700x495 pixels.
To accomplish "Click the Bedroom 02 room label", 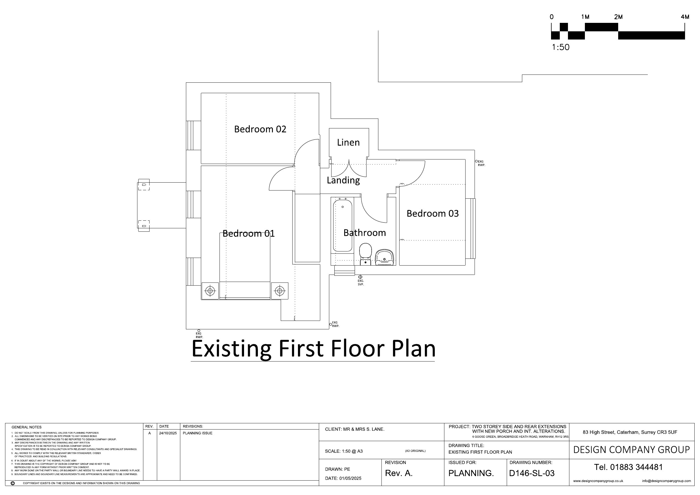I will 260,129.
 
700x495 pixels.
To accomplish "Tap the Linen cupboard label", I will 348,143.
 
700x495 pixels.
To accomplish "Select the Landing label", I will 343,180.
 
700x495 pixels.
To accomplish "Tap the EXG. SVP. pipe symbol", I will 360,277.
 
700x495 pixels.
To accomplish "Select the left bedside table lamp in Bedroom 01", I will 210,291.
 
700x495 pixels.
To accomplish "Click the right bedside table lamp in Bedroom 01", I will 280,291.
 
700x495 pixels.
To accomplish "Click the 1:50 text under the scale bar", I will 560,47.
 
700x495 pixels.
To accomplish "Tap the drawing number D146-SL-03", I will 532,473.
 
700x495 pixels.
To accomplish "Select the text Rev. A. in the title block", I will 398,473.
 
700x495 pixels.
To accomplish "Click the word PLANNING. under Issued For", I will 471,473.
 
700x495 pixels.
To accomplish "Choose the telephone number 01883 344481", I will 636,467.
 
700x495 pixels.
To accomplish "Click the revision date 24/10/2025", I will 168,433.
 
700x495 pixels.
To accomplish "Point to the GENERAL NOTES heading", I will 27,427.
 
